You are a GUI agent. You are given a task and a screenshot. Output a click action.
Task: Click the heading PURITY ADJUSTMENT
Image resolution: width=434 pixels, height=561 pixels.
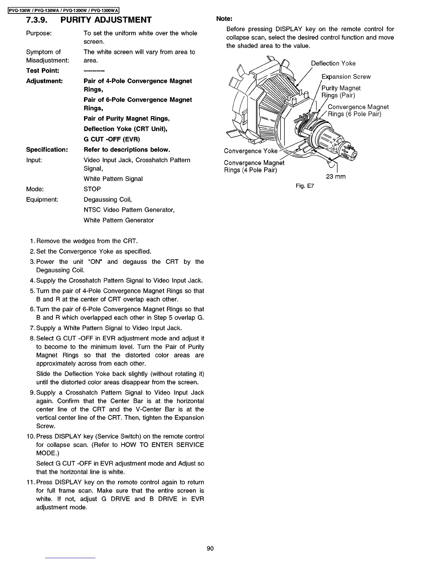point(106,20)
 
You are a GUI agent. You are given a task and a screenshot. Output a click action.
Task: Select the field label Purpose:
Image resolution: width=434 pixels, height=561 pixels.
point(39,33)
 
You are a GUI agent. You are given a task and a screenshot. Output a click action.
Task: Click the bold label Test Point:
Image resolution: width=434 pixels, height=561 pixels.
point(43,71)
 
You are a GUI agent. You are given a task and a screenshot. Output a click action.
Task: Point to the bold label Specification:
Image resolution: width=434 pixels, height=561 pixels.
point(47,149)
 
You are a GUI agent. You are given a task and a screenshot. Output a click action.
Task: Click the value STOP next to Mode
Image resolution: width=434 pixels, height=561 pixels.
point(92,189)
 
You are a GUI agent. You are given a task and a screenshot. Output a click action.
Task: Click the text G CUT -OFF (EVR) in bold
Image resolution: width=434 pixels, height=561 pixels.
point(112,139)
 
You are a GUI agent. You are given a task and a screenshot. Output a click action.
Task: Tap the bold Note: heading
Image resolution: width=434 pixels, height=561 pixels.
point(224,18)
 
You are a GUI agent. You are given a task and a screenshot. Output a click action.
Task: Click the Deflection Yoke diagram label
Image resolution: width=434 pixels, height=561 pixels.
point(333,63)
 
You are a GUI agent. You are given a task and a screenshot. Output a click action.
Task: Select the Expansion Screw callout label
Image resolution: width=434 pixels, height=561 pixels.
point(346,77)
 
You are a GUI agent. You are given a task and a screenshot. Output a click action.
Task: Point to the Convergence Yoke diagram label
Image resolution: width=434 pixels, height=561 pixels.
point(251,151)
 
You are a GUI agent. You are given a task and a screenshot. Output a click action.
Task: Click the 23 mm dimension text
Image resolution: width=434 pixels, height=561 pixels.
point(335,176)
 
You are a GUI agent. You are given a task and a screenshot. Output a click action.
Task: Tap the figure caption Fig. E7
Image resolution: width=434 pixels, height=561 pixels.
point(305,186)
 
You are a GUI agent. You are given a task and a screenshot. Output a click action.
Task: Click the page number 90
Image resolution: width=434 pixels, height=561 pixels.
point(210,549)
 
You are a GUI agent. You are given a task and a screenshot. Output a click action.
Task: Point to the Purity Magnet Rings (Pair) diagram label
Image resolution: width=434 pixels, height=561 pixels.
point(340,92)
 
